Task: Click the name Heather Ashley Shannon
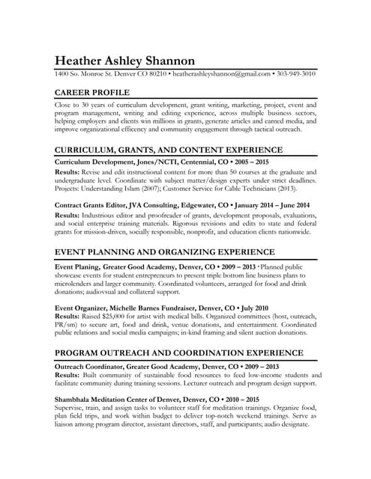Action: click(124, 61)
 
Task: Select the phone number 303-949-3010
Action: click(296, 75)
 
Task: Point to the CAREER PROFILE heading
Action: click(93, 94)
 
